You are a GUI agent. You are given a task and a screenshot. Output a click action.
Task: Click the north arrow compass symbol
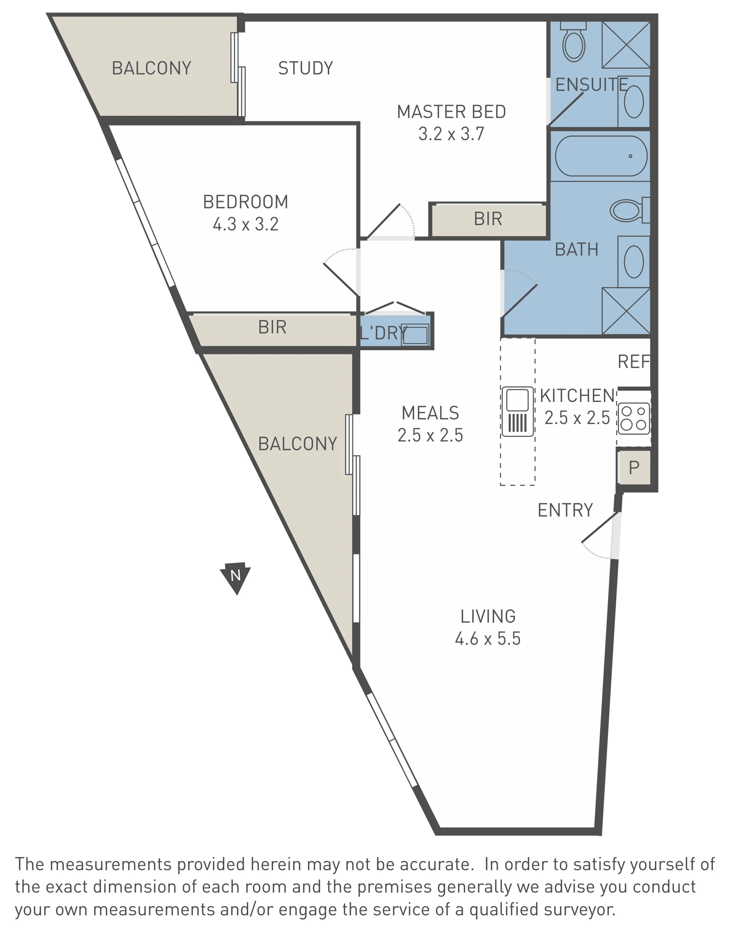(235, 577)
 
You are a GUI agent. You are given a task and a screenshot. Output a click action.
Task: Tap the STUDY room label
(306, 68)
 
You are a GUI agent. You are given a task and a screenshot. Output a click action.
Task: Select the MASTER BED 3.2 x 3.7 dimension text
(452, 134)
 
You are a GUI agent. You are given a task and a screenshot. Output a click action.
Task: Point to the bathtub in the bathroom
(601, 156)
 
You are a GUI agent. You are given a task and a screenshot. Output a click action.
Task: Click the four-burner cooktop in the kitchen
(634, 418)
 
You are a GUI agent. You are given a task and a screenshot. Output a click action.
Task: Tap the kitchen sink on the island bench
(517, 411)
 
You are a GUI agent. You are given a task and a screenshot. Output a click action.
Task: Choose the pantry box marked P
(634, 467)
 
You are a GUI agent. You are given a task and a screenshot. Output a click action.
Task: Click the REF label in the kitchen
(634, 362)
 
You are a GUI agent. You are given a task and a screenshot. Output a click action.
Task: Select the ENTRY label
(565, 510)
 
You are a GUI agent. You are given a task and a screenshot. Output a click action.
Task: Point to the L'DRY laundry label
(384, 333)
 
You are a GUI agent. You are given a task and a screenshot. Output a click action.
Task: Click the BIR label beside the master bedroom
(488, 219)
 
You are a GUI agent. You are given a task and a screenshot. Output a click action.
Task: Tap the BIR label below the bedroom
(272, 327)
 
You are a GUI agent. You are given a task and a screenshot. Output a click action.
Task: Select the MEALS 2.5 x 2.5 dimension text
(430, 435)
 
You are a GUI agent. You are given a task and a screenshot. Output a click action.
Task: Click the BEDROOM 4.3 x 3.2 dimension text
(246, 224)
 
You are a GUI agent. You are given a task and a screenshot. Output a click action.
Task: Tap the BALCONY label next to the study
(151, 68)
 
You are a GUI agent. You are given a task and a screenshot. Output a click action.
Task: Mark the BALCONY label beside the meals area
(298, 444)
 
